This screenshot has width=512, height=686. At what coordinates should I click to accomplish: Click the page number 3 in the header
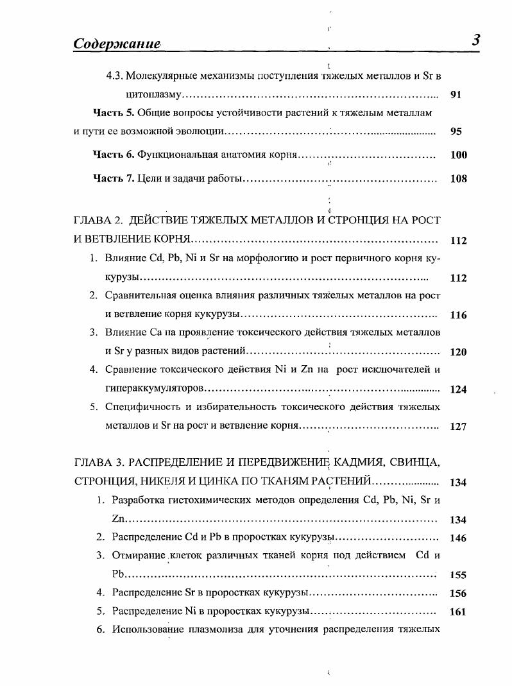476,40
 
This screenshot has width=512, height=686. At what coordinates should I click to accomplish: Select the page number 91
456,95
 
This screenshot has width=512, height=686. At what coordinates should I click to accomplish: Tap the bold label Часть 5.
113,113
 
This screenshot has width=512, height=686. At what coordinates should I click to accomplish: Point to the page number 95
456,132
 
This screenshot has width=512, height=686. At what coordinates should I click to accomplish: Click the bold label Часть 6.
113,155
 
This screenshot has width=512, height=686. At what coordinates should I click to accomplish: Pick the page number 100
458,155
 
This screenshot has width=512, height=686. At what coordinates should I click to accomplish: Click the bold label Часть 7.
113,179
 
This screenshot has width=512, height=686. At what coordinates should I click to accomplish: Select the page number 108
458,179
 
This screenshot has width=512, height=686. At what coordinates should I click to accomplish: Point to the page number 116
458,315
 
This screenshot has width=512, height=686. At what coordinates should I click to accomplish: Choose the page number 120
458,352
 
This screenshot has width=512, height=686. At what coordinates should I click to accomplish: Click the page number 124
458,390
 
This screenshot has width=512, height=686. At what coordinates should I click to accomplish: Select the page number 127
458,427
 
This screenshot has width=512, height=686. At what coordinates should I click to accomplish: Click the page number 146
458,538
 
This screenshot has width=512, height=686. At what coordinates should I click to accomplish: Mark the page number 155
458,576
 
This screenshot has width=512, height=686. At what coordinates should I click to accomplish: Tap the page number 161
458,612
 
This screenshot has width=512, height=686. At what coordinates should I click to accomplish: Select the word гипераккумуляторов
154,389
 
